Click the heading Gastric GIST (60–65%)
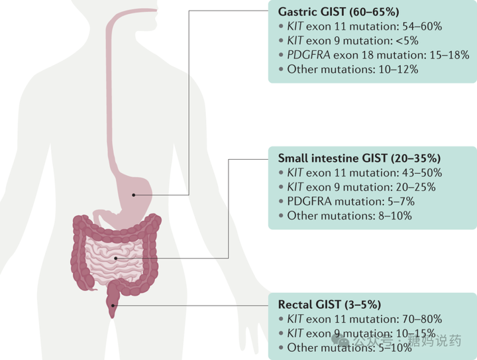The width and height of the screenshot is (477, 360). click(x=339, y=12)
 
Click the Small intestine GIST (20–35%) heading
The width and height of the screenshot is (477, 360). click(x=359, y=158)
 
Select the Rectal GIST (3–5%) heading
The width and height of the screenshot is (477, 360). click(x=329, y=304)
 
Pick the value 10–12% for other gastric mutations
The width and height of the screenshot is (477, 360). click(x=398, y=70)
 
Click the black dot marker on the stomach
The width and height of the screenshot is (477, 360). click(x=134, y=195)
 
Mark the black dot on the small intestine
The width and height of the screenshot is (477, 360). click(x=115, y=259)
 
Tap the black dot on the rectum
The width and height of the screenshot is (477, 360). click(x=113, y=306)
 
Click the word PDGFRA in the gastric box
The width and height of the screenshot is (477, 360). click(x=309, y=55)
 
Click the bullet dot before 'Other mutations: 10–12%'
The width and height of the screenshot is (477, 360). click(x=281, y=70)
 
